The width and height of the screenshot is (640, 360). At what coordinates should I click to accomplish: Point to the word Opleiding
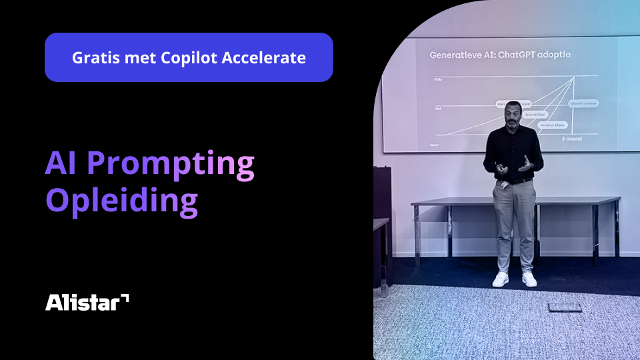(x=121, y=201)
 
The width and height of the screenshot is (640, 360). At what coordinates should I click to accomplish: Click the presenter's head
(x=511, y=113)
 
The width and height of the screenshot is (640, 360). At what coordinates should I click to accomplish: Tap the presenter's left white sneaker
(x=501, y=279)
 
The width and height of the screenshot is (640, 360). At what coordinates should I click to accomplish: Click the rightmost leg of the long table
(x=616, y=230)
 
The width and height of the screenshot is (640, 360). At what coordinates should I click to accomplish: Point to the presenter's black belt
(x=515, y=181)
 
